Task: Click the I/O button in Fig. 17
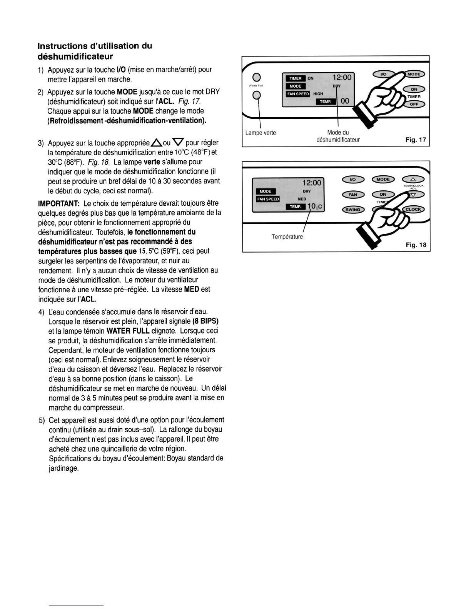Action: [383, 74]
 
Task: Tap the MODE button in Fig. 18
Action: [383, 180]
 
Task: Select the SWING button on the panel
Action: [352, 210]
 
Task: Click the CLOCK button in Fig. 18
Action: [413, 210]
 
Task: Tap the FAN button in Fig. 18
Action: [352, 195]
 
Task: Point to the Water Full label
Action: [256, 85]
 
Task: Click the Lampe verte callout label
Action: [261, 133]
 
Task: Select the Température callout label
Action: [287, 237]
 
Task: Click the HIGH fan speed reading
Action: [318, 94]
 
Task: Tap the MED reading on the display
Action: [302, 199]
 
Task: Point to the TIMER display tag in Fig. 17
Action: [296, 78]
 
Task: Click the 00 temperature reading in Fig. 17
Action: [345, 101]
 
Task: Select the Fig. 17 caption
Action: [416, 140]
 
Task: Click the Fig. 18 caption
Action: [416, 245]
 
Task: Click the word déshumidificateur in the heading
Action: [75, 57]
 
